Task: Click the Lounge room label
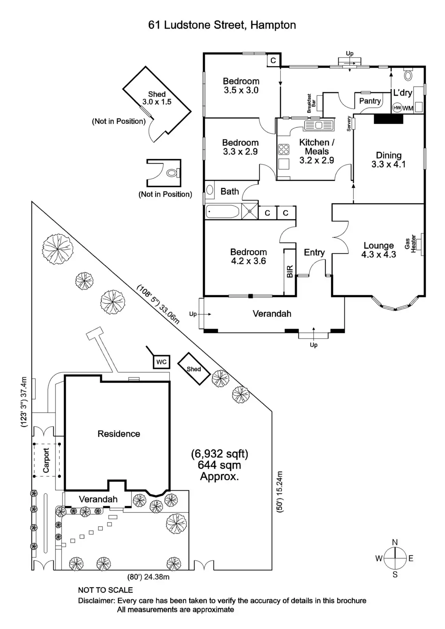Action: coord(379,250)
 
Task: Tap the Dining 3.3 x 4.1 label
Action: coord(388,160)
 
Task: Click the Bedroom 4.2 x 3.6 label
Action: coord(248,256)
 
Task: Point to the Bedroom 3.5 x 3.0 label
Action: coord(241,85)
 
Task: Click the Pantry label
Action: coord(370,101)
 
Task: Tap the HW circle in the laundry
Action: coord(397,108)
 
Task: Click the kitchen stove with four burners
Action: coord(284,149)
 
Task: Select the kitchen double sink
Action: coord(319,125)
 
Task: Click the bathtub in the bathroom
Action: coord(222,212)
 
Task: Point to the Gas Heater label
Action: coord(410,244)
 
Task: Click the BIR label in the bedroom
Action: coord(290,272)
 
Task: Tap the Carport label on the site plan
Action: coord(46,460)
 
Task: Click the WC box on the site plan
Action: coord(161,362)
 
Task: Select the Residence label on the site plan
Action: coord(119,434)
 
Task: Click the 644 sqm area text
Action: coord(220,465)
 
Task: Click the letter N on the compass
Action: coord(395,542)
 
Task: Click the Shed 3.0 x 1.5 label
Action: coord(157,97)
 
